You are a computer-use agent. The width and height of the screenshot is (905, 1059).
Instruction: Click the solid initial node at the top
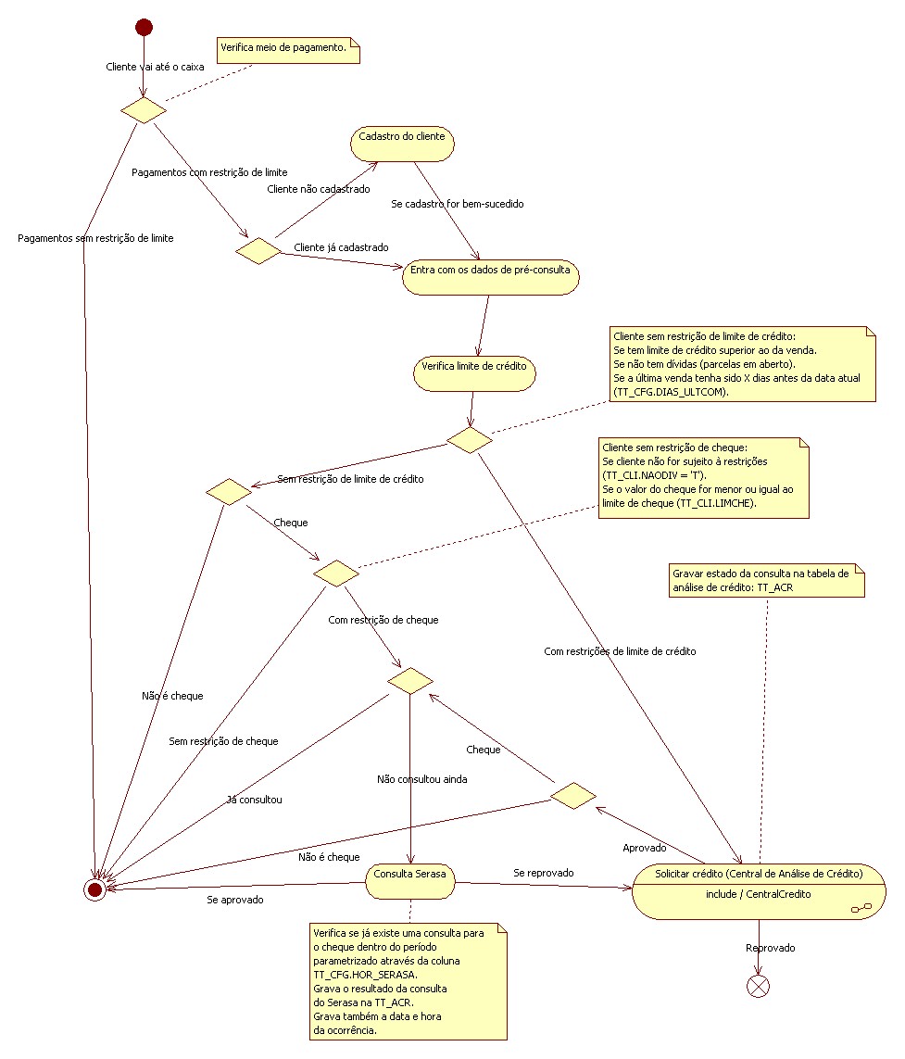(x=144, y=27)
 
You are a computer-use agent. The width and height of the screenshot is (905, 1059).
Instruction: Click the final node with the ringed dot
(x=94, y=889)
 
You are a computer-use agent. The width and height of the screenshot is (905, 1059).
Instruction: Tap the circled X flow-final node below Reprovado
(x=758, y=986)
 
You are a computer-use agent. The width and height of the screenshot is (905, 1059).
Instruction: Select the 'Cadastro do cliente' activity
(x=402, y=144)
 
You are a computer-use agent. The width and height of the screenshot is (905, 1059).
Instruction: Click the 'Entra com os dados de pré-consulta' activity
(x=490, y=277)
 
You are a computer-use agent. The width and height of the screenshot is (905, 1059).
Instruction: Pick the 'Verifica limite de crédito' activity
(x=474, y=373)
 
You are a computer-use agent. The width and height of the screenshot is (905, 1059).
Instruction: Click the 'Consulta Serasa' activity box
(x=410, y=881)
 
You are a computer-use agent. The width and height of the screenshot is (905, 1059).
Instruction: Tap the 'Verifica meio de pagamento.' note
(x=288, y=51)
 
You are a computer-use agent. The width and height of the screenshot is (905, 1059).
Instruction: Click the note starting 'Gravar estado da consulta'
(x=767, y=580)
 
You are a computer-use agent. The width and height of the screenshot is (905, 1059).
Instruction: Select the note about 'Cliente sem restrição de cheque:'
(x=704, y=478)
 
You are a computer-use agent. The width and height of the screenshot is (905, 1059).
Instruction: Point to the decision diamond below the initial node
(x=144, y=110)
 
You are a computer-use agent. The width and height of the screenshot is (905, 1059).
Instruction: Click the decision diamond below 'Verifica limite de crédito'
(x=470, y=440)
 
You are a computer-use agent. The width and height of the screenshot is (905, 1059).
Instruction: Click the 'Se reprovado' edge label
(x=544, y=873)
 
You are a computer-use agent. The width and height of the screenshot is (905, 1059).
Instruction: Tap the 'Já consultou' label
(x=255, y=800)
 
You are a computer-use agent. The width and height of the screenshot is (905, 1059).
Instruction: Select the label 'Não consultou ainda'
(x=422, y=779)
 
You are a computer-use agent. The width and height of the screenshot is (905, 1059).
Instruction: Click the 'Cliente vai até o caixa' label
(x=155, y=67)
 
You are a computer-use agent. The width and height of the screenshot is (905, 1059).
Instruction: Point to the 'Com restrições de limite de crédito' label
(x=620, y=651)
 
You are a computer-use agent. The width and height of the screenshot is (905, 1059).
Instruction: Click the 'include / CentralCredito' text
(x=759, y=894)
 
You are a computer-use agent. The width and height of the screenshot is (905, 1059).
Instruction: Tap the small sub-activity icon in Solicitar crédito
(x=861, y=908)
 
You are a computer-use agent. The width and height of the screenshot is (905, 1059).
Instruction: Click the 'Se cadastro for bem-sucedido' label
(x=458, y=204)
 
